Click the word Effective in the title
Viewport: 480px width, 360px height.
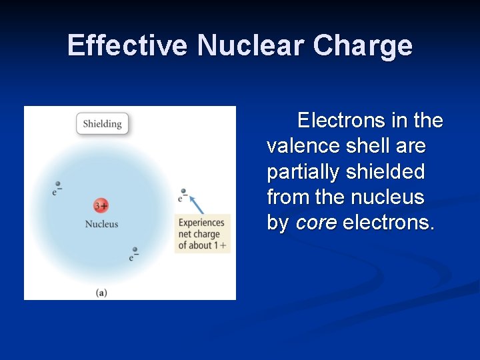click(x=127, y=46)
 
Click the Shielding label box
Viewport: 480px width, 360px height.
click(x=102, y=123)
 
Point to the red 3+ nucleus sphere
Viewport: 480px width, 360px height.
click(x=101, y=206)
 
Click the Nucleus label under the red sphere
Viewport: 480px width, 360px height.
click(x=101, y=224)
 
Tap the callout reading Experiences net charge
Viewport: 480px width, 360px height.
click(x=202, y=234)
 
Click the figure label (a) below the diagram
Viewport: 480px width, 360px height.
click(x=101, y=292)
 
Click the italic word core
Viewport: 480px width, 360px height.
click(x=316, y=223)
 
